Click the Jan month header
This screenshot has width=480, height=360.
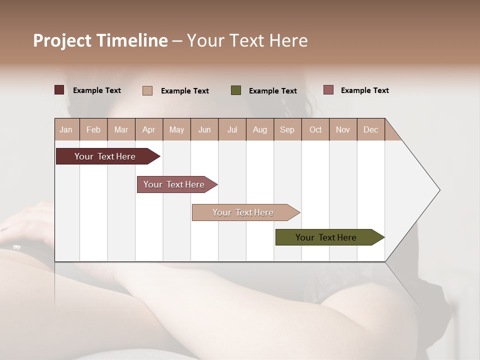click(x=66, y=129)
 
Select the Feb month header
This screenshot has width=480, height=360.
click(x=93, y=129)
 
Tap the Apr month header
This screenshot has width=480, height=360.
click(x=148, y=129)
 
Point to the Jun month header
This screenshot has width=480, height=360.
click(x=204, y=129)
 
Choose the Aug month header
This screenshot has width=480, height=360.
click(x=259, y=129)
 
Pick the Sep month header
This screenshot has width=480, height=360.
click(x=287, y=129)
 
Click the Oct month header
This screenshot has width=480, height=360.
click(x=315, y=129)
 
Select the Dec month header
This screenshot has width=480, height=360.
click(x=370, y=129)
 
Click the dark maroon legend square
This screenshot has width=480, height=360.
click(x=59, y=90)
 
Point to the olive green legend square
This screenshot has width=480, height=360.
click(x=236, y=90)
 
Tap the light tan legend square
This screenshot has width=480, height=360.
click(x=147, y=90)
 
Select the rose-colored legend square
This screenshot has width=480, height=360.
click(x=328, y=90)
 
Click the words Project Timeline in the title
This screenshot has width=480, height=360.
click(x=100, y=40)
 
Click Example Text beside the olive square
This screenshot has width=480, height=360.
click(x=272, y=90)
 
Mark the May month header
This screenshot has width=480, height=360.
click(x=176, y=129)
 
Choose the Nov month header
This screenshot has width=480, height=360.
click(x=342, y=129)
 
